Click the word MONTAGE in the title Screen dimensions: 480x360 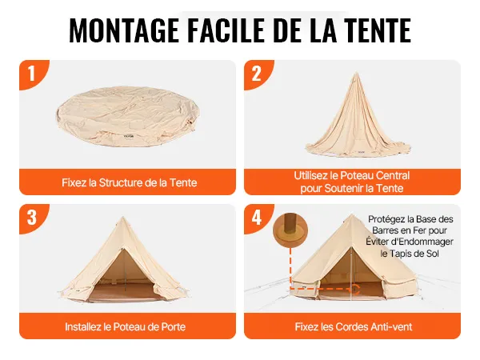124,30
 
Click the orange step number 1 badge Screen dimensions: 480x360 32,74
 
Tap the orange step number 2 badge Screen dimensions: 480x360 257,74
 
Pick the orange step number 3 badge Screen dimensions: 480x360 32,218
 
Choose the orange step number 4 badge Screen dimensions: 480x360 257,218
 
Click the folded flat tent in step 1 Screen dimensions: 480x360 129,117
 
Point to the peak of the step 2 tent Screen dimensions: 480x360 356,73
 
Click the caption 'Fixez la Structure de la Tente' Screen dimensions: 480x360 129,182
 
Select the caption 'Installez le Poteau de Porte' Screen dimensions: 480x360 126,326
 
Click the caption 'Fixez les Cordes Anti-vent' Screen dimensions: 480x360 354,326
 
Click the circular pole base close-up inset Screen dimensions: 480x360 290,230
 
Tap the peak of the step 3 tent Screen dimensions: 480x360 122,218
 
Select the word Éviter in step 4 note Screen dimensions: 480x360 376,242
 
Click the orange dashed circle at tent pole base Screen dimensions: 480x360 355,289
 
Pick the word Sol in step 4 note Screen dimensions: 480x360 433,254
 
